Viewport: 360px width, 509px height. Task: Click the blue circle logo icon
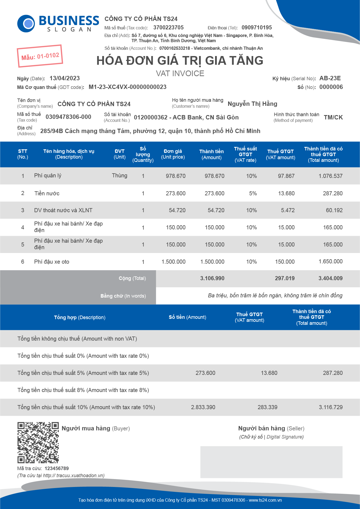coord(26,24)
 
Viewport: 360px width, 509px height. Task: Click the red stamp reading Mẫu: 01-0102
coord(40,56)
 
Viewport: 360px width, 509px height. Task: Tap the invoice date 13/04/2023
coord(65,78)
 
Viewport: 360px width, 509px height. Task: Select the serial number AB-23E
coord(330,78)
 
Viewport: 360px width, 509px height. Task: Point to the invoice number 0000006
coord(331,87)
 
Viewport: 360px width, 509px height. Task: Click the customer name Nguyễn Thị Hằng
coord(252,104)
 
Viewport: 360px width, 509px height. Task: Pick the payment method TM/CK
coord(333,117)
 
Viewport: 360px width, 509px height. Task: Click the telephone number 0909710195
coord(256,27)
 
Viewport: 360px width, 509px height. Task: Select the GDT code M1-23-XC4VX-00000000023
coord(128,87)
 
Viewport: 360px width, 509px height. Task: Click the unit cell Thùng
coord(120,175)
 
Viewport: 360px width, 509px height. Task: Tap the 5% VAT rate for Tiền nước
coord(253,193)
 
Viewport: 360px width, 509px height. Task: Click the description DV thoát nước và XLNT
coord(63,210)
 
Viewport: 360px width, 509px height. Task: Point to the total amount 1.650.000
coord(330,261)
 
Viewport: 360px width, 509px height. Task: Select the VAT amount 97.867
coord(286,176)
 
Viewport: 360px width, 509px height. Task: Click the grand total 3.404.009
coord(330,278)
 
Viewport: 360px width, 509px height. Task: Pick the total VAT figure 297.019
coord(284,278)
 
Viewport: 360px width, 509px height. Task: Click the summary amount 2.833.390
coord(203,407)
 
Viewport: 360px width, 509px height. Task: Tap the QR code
coord(38,443)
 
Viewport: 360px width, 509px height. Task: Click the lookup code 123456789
coord(57,468)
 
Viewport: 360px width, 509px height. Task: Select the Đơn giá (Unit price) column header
coord(173,154)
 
